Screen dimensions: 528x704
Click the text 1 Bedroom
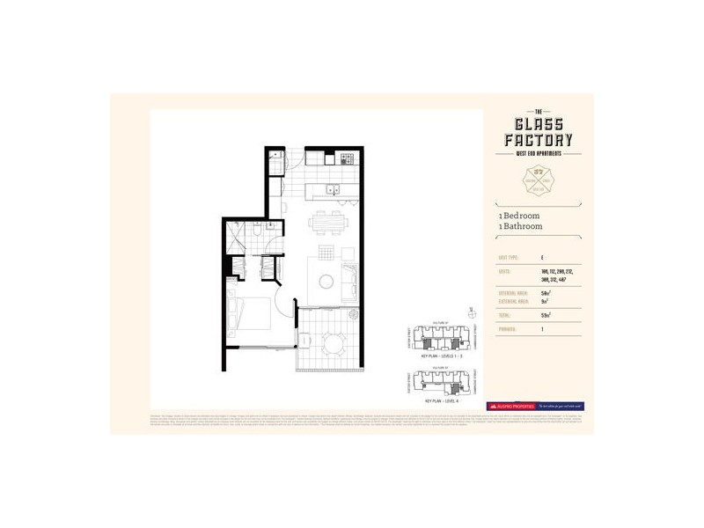click(519, 216)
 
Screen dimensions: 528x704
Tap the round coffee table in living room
click(326, 282)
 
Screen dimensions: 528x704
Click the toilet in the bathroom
click(250, 235)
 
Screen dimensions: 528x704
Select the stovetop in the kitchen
click(346, 159)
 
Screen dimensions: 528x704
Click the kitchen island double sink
click(332, 188)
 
